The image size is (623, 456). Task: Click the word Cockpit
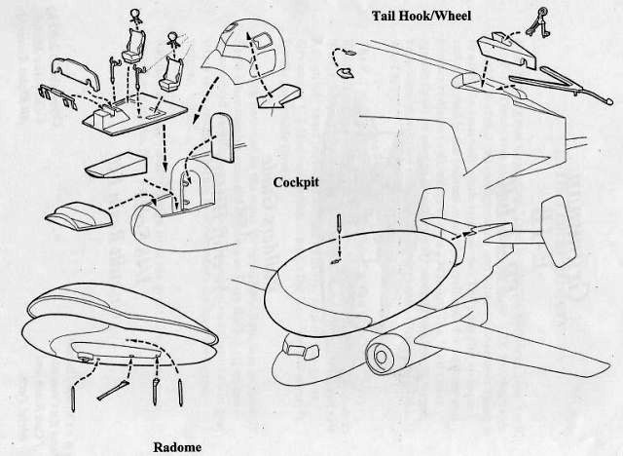pyautogui.click(x=296, y=182)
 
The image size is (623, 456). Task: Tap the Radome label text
pyautogui.click(x=177, y=447)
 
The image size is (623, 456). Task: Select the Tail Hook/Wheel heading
pyautogui.click(x=421, y=16)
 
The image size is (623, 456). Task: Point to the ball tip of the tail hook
pyautogui.click(x=607, y=100)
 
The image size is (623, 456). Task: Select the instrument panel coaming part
pyautogui.click(x=76, y=73)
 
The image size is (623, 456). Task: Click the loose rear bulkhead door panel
pyautogui.click(x=222, y=137)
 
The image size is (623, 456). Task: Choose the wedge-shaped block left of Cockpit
pyautogui.click(x=116, y=166)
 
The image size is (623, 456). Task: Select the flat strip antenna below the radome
pyautogui.click(x=113, y=391)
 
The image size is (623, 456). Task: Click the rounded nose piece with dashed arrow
pyautogui.click(x=80, y=215)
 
